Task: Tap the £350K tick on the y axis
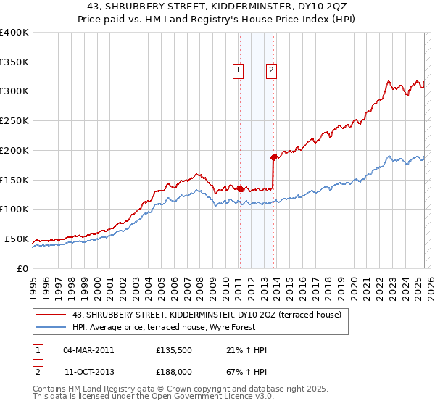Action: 14,62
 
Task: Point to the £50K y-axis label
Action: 17,239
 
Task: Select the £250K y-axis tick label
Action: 14,121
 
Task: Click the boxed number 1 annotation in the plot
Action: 238,70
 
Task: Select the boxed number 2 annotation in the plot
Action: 270,70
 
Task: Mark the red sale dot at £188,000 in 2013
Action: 273,157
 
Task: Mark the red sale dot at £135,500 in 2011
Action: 240,188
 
